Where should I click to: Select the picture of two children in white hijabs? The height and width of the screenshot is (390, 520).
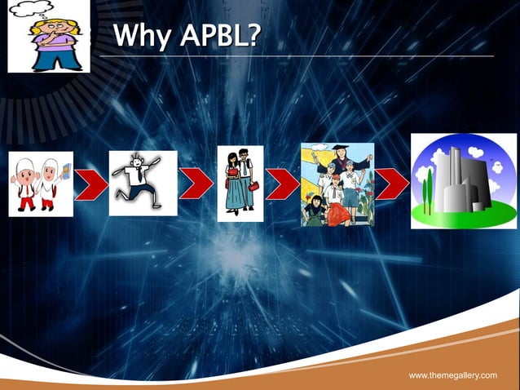point(41,184)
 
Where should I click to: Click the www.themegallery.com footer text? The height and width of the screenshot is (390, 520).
point(452,374)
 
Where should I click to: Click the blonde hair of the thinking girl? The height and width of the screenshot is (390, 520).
point(47,18)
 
